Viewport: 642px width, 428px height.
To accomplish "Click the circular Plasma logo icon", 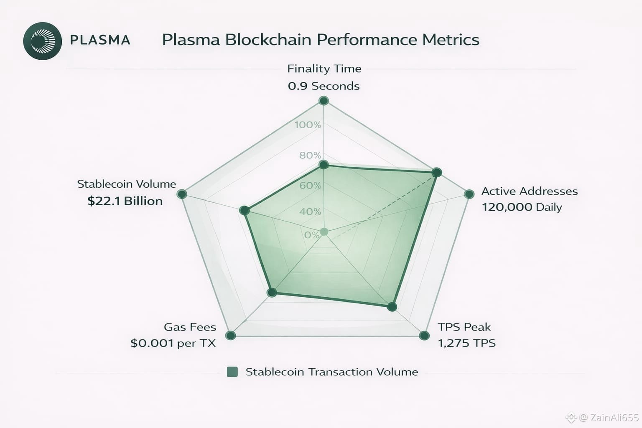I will click(x=43, y=41).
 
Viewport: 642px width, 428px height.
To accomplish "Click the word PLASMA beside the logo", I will click(x=100, y=40).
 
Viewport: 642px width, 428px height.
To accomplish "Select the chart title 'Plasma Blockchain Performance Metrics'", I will click(x=321, y=40).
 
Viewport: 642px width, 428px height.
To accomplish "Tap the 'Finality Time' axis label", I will click(x=324, y=69).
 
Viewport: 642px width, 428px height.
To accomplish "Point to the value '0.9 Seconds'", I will click(x=324, y=86).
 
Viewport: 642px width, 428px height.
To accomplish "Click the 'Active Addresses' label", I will click(x=530, y=191).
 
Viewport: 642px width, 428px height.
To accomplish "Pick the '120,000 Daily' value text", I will click(x=522, y=207).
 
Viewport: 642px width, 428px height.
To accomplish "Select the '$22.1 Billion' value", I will click(x=125, y=201).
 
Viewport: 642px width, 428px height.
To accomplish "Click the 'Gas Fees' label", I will click(x=190, y=327).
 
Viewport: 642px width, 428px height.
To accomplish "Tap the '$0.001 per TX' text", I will click(x=173, y=343).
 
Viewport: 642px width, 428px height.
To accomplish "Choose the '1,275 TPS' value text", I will click(x=466, y=343).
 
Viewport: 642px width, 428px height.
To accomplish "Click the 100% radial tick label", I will click(x=308, y=125).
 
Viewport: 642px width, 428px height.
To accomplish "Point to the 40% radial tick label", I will click(x=310, y=211).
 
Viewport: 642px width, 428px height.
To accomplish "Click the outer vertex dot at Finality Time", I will click(x=324, y=101).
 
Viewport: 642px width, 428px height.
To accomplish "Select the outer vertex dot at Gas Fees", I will click(x=230, y=335).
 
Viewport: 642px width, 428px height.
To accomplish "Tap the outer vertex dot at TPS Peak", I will click(x=424, y=335).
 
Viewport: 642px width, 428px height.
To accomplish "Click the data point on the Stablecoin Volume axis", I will click(x=245, y=210).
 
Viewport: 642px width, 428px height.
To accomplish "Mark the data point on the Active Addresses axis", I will click(x=436, y=173).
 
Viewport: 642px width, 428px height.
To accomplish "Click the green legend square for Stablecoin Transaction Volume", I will click(x=232, y=372).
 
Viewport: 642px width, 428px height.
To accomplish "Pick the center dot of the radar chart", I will click(x=324, y=232).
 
